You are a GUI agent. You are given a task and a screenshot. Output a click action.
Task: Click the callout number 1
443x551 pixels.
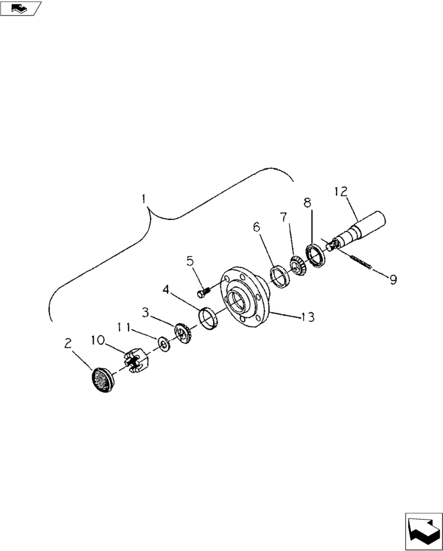click(144, 198)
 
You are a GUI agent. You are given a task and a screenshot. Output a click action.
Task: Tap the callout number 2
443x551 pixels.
click(68, 344)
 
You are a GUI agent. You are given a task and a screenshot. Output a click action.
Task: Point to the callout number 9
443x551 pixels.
click(393, 280)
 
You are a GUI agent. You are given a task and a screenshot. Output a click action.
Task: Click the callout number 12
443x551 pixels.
click(341, 192)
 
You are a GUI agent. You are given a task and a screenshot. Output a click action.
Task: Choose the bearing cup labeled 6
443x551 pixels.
click(279, 276)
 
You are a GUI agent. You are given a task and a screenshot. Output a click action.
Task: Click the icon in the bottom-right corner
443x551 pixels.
click(423, 531)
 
